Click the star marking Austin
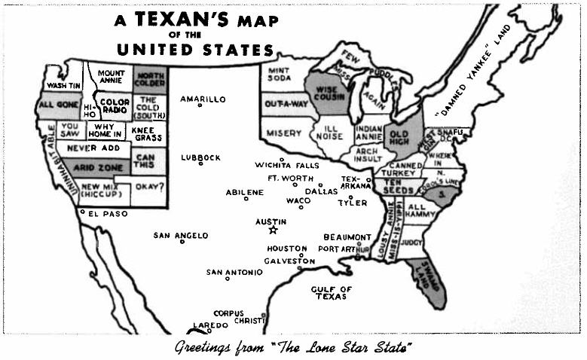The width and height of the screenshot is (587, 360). coord(274,230)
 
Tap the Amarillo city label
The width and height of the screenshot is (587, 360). coord(203,99)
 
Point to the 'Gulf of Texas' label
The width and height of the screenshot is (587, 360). coord(331,292)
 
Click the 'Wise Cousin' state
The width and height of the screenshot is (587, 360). coord(326,94)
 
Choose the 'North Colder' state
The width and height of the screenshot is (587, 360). coord(151,80)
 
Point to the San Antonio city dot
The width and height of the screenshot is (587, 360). coord(228,279)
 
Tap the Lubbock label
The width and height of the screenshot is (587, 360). coord(200,157)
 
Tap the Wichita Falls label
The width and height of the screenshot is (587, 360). coord(286,165)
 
